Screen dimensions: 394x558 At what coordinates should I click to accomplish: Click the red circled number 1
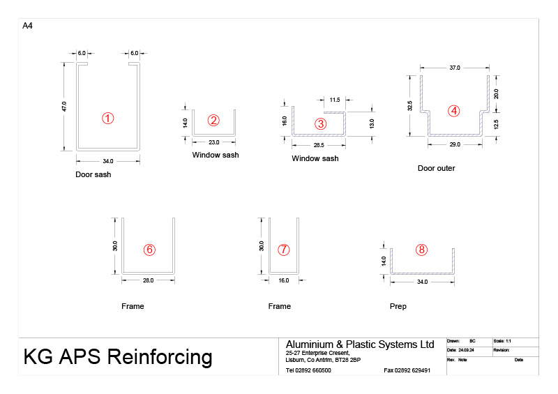[x=107, y=118]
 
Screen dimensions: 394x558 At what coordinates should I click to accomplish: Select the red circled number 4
[x=454, y=111]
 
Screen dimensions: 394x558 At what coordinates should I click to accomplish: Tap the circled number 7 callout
[x=282, y=250]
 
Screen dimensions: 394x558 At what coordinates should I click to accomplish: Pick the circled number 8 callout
[x=421, y=250]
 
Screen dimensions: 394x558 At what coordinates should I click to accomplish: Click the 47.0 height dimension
[x=64, y=107]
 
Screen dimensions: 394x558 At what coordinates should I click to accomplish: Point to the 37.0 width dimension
[x=455, y=68]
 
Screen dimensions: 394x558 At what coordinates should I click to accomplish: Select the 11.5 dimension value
[x=335, y=100]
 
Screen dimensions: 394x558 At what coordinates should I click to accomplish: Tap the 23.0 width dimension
[x=214, y=142]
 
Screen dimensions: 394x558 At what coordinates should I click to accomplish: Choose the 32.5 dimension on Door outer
[x=410, y=106]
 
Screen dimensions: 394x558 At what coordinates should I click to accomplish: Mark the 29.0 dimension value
[x=454, y=144]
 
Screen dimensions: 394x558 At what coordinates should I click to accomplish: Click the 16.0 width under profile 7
[x=285, y=280]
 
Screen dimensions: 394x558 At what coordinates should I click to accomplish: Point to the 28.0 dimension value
[x=148, y=280]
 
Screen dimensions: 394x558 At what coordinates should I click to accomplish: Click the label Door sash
[x=93, y=174]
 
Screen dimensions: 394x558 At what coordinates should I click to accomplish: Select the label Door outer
[x=436, y=168]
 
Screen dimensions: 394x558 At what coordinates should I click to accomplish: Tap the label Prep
[x=398, y=306]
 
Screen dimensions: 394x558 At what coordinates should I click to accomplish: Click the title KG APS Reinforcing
[x=118, y=357]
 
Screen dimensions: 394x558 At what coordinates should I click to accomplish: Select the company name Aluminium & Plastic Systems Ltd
[x=360, y=344]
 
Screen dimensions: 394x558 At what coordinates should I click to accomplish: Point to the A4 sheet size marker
[x=28, y=26]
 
